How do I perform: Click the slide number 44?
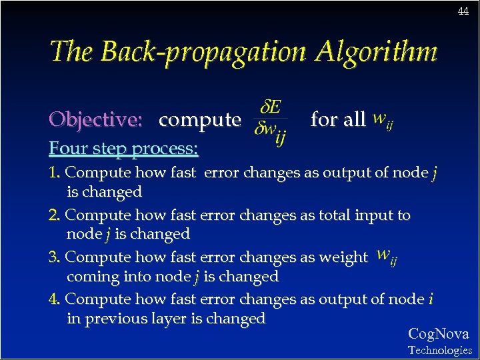(463, 11)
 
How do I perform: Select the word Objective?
(96, 120)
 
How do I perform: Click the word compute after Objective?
(199, 120)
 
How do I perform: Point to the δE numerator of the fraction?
(270, 107)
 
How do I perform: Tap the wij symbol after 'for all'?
(382, 120)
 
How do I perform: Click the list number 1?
(54, 173)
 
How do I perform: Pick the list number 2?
(54, 215)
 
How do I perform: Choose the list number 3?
(54, 257)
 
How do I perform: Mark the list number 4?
(54, 299)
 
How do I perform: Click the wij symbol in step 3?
(386, 256)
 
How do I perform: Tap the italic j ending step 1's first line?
(434, 173)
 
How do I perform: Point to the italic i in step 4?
(431, 299)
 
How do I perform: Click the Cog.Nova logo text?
(438, 334)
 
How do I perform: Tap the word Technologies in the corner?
(439, 350)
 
